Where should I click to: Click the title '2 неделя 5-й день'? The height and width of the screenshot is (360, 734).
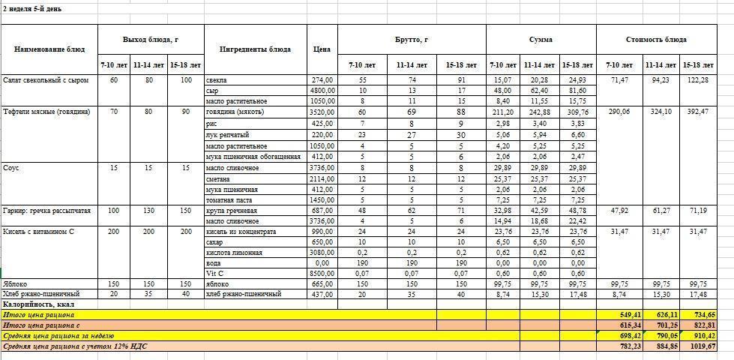point(32,8)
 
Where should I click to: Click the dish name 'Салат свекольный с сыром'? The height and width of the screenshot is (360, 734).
point(46,79)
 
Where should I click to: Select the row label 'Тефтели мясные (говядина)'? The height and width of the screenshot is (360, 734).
point(46,111)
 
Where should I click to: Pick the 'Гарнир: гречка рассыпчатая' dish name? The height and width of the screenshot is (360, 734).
point(46,211)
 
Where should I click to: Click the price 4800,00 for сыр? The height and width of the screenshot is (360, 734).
point(322,89)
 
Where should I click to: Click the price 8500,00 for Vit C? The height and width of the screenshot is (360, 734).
point(322,273)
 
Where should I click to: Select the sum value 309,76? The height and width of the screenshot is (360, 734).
point(577,111)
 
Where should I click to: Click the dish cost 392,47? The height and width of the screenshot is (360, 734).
point(704,111)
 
